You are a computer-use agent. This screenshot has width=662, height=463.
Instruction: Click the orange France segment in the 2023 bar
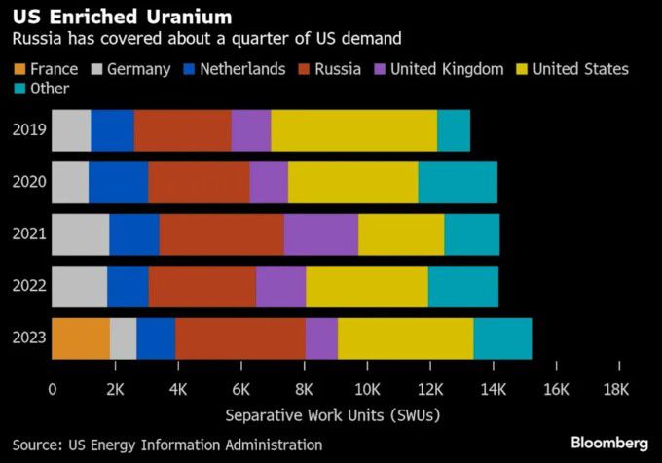(80, 338)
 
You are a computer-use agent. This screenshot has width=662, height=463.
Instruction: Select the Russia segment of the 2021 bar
(221, 234)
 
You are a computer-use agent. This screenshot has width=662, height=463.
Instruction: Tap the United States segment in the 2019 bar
(353, 130)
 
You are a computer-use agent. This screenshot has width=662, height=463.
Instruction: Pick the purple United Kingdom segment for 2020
(268, 183)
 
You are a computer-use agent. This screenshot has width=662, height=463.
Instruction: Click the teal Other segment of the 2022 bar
(462, 286)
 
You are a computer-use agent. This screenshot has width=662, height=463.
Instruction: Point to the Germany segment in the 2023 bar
(123, 338)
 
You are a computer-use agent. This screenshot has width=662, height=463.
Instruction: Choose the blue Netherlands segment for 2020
(118, 183)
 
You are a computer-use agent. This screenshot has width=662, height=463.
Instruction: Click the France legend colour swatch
(18, 69)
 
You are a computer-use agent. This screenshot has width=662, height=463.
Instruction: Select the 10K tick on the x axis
(367, 390)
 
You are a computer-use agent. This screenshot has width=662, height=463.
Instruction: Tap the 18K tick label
(617, 390)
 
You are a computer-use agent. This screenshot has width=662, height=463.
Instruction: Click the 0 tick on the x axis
(53, 390)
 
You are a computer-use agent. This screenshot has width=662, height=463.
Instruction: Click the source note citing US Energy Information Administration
(165, 445)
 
